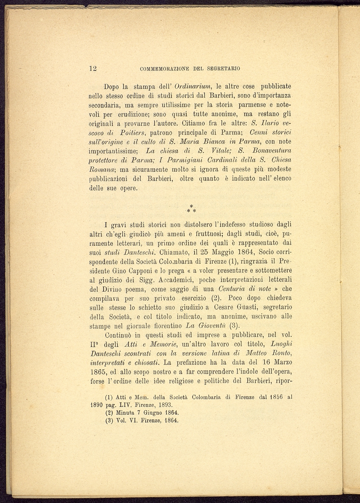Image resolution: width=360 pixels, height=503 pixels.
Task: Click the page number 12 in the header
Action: [93, 68]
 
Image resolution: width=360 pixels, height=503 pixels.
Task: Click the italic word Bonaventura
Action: [272, 150]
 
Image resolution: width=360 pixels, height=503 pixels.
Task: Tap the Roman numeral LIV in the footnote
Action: [124, 405]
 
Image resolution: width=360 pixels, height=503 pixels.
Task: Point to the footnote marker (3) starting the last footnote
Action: [109, 420]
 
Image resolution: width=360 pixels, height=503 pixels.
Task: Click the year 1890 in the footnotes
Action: [97, 405]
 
